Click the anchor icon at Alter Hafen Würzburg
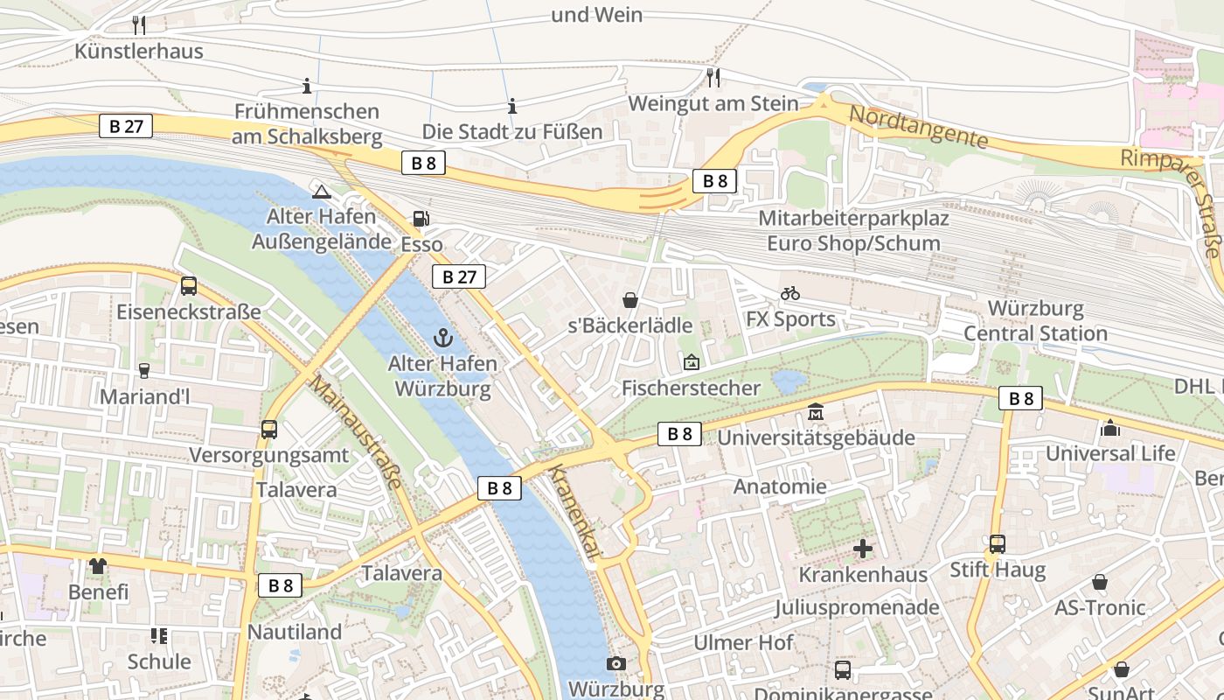pos(444,337)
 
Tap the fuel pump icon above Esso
pos(421,219)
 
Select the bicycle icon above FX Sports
pos(790,293)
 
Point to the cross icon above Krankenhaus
pos(863,549)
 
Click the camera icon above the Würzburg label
pos(616,663)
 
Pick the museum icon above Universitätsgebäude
pos(816,411)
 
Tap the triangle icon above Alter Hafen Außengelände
pos(321,192)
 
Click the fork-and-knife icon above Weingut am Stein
pos(713,78)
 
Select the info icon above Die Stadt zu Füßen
pos(512,107)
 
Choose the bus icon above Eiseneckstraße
pos(188,285)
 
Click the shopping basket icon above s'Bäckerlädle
pos(629,300)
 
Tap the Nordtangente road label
pos(919,128)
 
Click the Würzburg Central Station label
pos(1035,321)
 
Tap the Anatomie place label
pos(780,486)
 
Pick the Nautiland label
pos(295,632)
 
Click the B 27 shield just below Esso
pos(459,277)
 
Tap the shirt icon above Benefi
pos(98,566)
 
